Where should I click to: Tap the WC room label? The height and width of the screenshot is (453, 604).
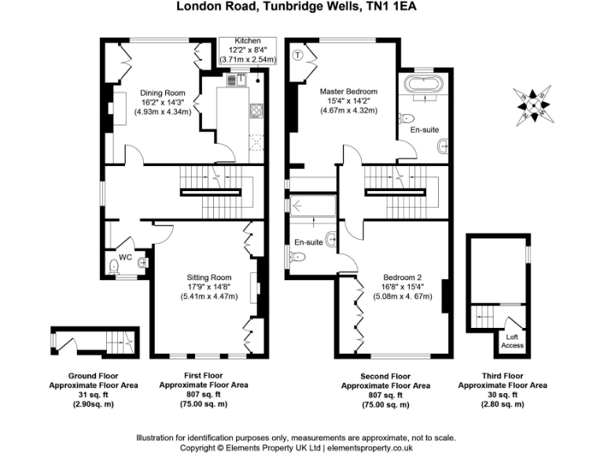[125, 256]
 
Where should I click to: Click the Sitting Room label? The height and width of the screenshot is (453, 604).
[208, 278]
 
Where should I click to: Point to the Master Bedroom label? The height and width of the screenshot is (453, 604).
[348, 92]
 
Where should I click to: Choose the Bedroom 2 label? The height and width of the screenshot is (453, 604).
[403, 278]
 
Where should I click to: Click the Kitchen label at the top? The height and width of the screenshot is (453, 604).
[248, 41]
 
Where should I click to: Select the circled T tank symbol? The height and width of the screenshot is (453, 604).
[298, 54]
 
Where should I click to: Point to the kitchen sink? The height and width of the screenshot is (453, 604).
[235, 79]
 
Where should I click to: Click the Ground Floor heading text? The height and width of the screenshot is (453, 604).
[93, 375]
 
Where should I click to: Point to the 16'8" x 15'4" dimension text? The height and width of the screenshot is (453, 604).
[403, 287]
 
